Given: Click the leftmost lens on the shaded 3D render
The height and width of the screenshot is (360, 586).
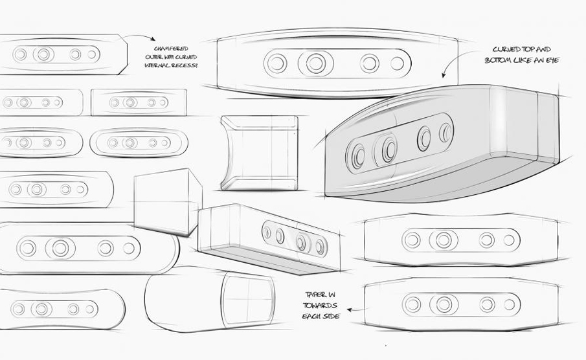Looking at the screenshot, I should [357, 156].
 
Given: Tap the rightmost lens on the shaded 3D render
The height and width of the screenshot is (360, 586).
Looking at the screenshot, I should [445, 132].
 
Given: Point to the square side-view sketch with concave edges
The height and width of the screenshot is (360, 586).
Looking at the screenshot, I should [260, 153].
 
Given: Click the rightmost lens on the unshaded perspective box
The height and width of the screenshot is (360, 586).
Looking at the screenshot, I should [320, 246].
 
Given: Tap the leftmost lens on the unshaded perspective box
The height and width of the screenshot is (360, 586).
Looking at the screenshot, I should [267, 231].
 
